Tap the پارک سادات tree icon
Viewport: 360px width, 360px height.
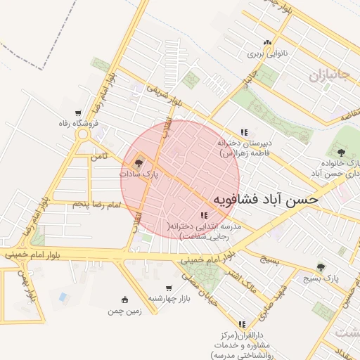[137, 162]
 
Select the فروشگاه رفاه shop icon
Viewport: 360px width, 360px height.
[77, 112]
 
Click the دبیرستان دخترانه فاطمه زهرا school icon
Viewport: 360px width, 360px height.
[244, 131]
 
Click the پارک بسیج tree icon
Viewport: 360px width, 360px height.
[321, 267]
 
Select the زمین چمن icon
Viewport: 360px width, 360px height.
[125, 299]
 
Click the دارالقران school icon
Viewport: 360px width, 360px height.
[243, 324]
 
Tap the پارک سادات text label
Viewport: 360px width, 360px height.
[139, 173]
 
